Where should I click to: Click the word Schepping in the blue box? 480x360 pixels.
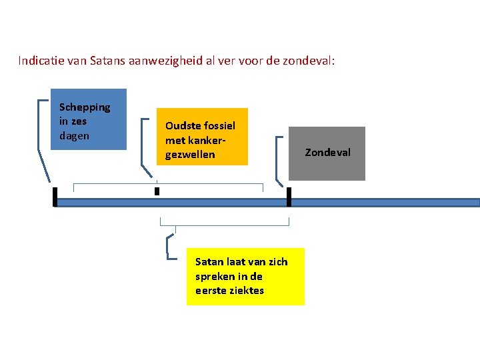point(85,107)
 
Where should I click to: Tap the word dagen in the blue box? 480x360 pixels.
point(74,135)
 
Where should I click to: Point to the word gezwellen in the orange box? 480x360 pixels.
point(190,155)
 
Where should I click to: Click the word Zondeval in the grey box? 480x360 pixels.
point(327,153)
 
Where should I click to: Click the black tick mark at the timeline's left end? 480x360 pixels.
point(55,197)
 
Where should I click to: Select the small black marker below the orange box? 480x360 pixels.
point(157,191)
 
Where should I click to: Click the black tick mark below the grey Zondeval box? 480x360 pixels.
point(289,197)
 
